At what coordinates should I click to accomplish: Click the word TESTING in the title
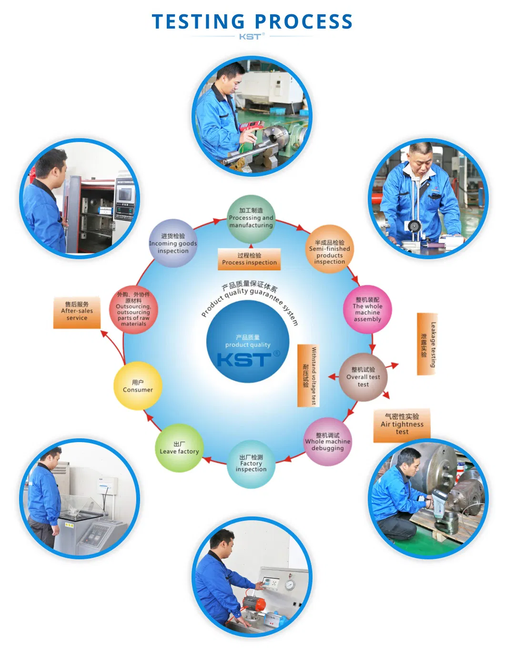198,21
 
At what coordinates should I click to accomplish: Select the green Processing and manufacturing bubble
251,219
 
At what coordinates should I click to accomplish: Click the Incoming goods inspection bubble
173,243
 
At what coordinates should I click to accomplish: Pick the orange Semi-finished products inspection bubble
329,249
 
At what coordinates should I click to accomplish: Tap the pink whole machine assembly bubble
367,309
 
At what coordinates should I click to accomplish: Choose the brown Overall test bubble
363,377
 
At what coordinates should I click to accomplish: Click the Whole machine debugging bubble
328,442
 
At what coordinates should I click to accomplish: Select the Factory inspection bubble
251,464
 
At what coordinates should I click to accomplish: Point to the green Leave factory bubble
179,448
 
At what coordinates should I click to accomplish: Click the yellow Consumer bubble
138,386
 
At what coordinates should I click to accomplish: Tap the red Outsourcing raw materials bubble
133,309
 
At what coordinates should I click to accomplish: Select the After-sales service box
77,313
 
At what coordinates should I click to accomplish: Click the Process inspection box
249,259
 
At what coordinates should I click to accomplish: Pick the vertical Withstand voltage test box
308,375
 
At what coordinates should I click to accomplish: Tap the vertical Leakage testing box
427,344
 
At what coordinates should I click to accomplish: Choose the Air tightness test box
402,425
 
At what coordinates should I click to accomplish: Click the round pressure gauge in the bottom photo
290,585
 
